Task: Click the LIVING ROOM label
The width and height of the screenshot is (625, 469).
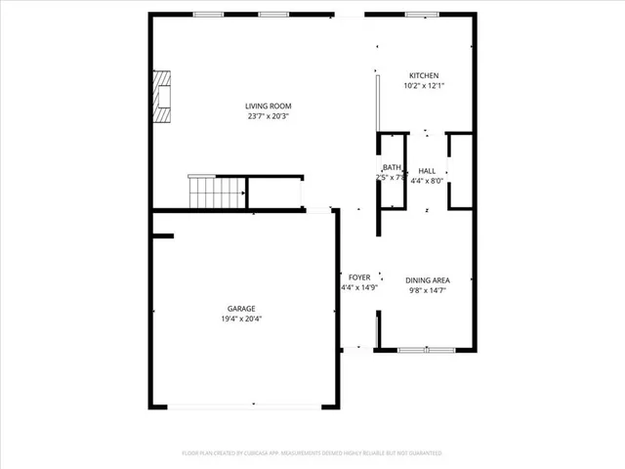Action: click(x=268, y=107)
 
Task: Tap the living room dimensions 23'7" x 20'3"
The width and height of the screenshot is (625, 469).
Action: click(x=268, y=116)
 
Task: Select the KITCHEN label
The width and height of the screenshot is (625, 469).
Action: click(x=424, y=76)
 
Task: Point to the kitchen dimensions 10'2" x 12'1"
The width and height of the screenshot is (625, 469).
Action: click(x=424, y=86)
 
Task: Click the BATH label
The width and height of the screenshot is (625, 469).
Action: click(x=392, y=168)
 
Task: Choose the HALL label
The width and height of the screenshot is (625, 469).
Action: click(x=427, y=171)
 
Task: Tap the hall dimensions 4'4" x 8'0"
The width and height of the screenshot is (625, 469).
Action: click(x=427, y=181)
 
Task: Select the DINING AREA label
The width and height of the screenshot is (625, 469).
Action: click(x=428, y=280)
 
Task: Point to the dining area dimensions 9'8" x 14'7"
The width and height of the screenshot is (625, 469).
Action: click(x=428, y=290)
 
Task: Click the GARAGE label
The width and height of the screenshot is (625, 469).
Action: click(x=241, y=309)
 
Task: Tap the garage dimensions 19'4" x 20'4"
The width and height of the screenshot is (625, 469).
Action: click(x=241, y=319)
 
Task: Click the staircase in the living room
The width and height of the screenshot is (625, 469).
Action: click(x=216, y=192)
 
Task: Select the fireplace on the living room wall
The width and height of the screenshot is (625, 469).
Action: click(x=160, y=97)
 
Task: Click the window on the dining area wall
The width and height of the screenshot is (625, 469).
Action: click(x=426, y=349)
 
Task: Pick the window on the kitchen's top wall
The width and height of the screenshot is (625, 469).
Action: click(x=421, y=14)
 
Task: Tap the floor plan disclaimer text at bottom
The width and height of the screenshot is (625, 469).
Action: click(x=312, y=453)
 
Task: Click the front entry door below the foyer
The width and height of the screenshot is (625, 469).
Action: click(x=357, y=348)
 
